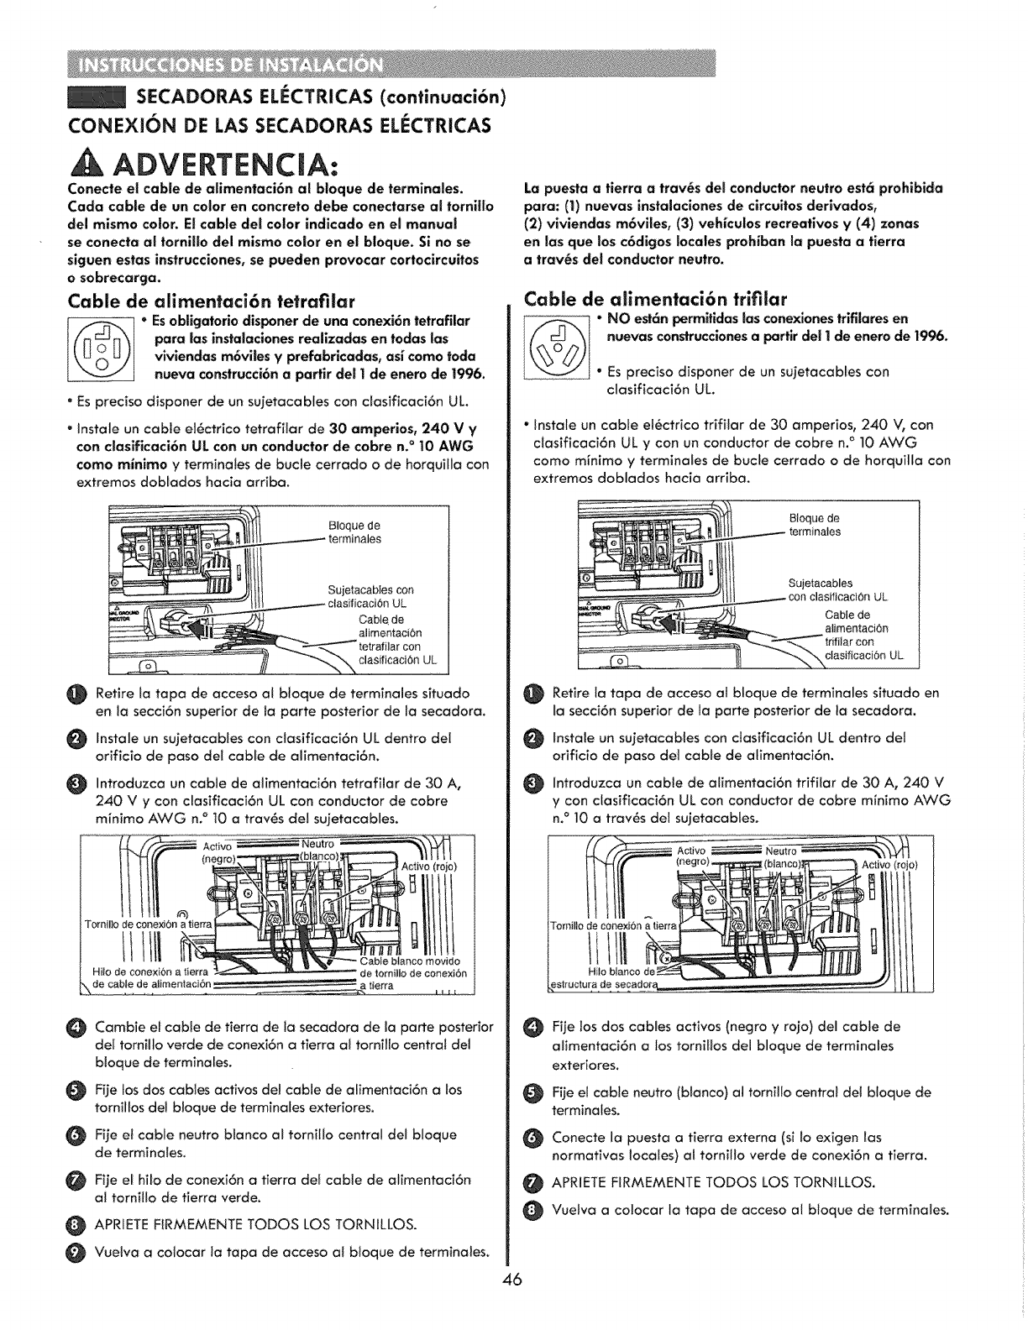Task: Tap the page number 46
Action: tap(513, 1302)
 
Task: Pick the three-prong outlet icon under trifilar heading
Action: tap(555, 348)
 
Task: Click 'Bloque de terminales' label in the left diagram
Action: tap(354, 532)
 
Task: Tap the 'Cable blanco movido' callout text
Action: tap(410, 961)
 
